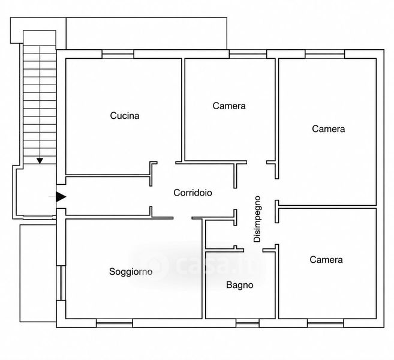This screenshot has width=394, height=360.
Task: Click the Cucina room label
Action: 125,116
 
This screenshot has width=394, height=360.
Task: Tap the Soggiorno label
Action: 131,272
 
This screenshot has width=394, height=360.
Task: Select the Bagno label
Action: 240,285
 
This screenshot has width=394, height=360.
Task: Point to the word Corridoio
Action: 193,193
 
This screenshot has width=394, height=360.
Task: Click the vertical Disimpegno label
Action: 257,219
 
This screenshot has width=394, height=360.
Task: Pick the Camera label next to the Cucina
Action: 229,106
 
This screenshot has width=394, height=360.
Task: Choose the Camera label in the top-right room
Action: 329,129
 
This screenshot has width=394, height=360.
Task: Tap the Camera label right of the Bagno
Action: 326,260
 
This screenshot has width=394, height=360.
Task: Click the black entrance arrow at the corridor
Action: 61,197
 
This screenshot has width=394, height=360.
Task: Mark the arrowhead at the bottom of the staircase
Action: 40,161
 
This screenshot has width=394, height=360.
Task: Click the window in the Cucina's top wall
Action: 118,54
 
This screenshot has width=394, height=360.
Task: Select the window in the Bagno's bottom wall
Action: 248,323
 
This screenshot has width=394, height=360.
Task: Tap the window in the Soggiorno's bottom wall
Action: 115,323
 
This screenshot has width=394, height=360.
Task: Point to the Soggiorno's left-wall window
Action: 61,283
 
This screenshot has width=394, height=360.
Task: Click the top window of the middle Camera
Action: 248,54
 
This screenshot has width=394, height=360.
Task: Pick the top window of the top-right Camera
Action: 325,54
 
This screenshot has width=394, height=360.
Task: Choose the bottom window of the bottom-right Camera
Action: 326,323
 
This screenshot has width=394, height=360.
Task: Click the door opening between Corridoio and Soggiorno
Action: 182,218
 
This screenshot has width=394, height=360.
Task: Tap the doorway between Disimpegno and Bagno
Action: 253,250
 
